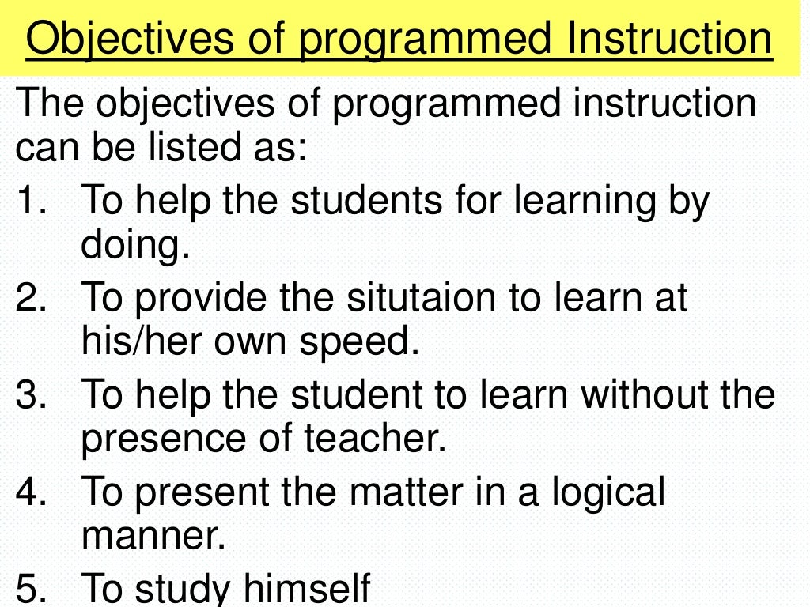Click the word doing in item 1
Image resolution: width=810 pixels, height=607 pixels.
(135, 247)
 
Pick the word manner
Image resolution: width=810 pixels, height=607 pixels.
(153, 536)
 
